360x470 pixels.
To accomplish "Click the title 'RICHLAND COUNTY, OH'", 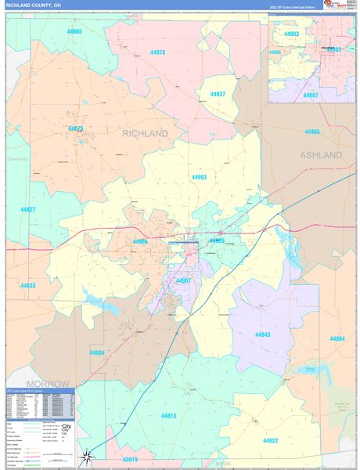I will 34,5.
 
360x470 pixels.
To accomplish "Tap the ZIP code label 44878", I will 157,52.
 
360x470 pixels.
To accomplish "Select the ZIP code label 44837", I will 218,94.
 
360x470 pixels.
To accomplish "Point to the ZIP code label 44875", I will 75,128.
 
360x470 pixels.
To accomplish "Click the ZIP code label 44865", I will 74,32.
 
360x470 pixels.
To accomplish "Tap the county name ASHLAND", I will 321,155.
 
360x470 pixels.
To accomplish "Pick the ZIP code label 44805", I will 312,132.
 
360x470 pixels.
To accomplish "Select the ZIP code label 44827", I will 28,210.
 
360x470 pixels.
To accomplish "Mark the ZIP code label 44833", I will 28,285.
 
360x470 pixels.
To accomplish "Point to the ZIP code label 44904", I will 97,352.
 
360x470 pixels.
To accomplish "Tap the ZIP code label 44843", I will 262,334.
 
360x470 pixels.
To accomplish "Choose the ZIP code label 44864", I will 337,338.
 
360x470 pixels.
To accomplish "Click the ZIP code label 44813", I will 168,415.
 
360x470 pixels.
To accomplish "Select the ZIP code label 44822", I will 270,440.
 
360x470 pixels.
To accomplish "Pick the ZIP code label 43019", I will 129,460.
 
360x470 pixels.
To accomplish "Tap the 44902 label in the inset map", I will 335,49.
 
